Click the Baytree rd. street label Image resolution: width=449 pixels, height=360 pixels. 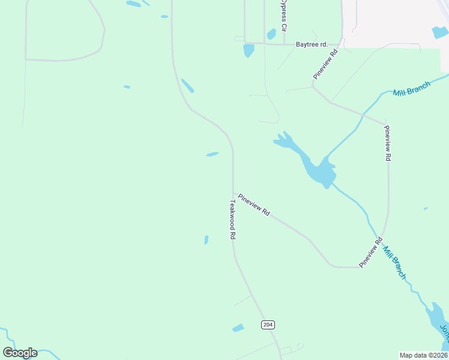[312, 44]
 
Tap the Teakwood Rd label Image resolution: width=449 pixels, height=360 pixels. [231, 220]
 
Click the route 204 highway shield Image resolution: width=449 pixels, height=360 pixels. [268, 325]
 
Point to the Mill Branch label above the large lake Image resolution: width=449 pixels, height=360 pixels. [411, 90]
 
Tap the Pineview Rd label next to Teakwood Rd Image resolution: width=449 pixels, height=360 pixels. [254, 205]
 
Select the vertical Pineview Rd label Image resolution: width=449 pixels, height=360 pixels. [388, 143]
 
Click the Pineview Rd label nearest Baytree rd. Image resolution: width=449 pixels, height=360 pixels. [325, 64]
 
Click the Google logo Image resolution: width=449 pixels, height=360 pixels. [20, 352]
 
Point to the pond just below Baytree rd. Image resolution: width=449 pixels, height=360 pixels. [249, 51]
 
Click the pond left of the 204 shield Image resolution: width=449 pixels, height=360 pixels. [238, 328]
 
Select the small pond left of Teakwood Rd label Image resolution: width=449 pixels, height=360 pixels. [206, 240]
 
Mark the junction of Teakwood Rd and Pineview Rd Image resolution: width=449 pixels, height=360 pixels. [233, 194]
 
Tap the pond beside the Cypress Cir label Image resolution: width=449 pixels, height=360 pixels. [271, 34]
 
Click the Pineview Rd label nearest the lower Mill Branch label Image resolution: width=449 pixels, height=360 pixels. [370, 253]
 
